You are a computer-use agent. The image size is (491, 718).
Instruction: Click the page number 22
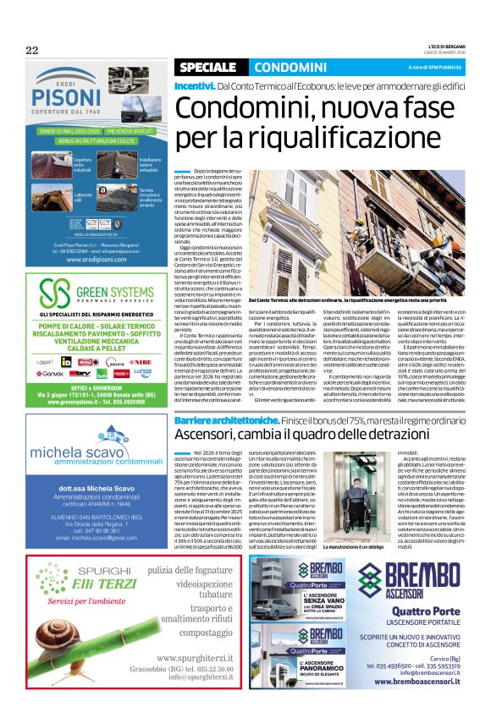pyautogui.click(x=33, y=50)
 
